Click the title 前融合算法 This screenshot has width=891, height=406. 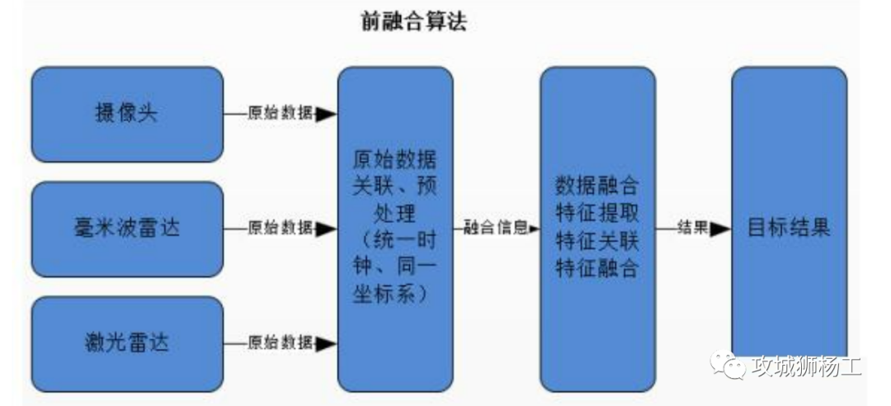coord(414,21)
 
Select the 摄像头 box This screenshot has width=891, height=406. coord(127,113)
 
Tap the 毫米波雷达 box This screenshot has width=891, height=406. coord(127,228)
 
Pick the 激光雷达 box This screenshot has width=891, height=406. coord(127,342)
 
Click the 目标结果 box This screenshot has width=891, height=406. coord(789,228)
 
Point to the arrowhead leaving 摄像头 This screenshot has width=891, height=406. coord(327,114)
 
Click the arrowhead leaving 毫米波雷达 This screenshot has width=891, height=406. coord(327,229)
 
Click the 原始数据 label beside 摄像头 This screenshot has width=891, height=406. coord(280,114)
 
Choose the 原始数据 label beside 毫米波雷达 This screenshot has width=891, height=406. coord(280,229)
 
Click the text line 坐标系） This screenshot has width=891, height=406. coord(394,295)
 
